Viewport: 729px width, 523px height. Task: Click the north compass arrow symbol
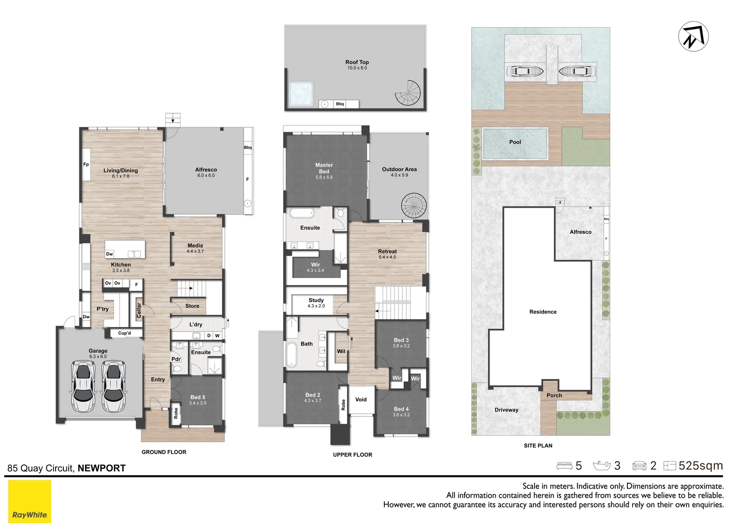[x=693, y=36]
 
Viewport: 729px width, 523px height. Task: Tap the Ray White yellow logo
[x=30, y=501]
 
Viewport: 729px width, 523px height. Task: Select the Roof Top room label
[x=357, y=62]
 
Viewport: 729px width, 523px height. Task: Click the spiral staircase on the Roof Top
[x=408, y=93]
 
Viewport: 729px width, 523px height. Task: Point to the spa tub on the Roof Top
[x=301, y=93]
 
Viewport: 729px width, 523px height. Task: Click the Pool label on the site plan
[x=515, y=142]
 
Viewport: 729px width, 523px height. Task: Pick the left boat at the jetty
[x=524, y=71]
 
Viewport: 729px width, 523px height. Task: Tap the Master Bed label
[x=324, y=168]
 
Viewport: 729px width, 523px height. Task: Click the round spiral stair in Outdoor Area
[x=414, y=206]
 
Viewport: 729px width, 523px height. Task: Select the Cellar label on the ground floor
[x=139, y=310]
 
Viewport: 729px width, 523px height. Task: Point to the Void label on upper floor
[x=361, y=400]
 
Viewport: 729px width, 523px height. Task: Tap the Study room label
[x=316, y=300]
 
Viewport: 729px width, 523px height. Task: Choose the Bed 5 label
[x=197, y=397]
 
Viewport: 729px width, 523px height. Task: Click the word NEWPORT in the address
[x=102, y=468]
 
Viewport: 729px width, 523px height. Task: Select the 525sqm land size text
[x=701, y=466]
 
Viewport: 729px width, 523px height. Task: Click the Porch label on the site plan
[x=554, y=395]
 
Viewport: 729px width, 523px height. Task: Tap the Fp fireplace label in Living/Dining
[x=86, y=165]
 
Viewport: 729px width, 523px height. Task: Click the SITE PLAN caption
[x=538, y=446]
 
